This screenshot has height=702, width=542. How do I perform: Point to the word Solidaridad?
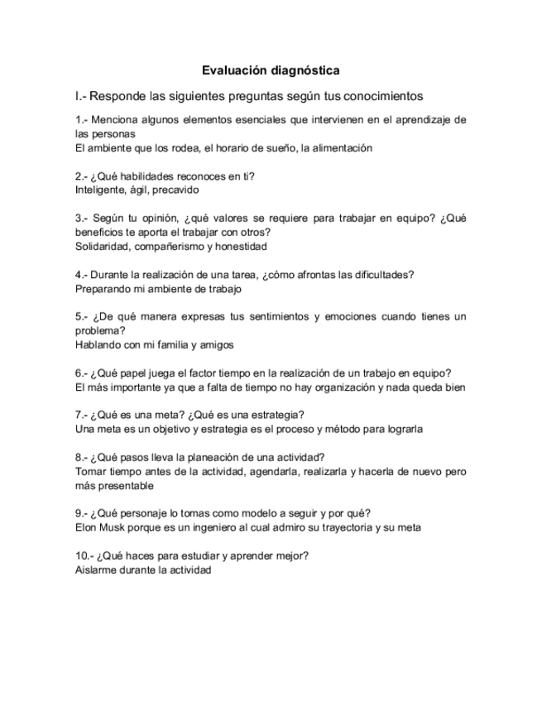tap(102, 247)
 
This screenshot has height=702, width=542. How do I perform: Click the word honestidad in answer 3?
tap(241, 247)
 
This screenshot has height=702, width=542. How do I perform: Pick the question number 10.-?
tap(84, 555)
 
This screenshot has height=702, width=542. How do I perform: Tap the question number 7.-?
tap(81, 414)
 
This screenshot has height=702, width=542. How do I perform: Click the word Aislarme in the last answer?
tap(94, 570)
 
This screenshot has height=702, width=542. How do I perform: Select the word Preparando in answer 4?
tap(102, 290)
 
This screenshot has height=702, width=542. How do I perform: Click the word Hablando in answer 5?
tap(97, 345)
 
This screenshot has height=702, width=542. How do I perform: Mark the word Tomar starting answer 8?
tap(89, 471)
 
